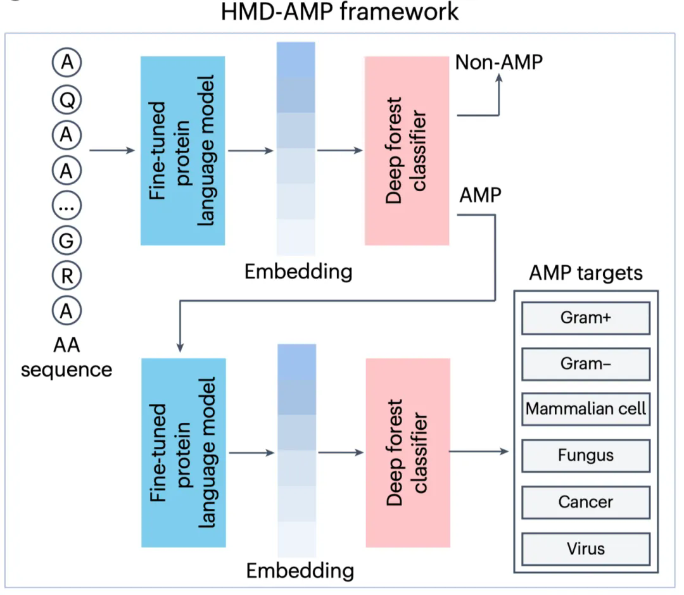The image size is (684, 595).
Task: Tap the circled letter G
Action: (x=66, y=241)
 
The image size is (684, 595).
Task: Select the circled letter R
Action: (x=66, y=275)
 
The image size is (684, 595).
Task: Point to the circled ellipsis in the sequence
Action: (x=66, y=205)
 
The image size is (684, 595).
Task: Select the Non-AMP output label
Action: (x=499, y=62)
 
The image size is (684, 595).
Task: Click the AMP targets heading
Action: (x=585, y=273)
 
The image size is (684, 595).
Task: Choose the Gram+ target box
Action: (x=585, y=318)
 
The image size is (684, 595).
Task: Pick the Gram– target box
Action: (x=585, y=363)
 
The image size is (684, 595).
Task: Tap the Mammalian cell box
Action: (x=585, y=409)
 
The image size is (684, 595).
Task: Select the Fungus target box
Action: (x=585, y=455)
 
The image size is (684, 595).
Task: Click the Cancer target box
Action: (x=585, y=502)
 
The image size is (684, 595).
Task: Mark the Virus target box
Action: (x=585, y=548)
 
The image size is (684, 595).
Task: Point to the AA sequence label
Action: (x=66, y=357)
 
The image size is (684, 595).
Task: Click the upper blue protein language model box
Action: (x=182, y=151)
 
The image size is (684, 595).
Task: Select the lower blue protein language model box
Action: (x=183, y=453)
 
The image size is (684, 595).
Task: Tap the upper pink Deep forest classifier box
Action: (x=407, y=151)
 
